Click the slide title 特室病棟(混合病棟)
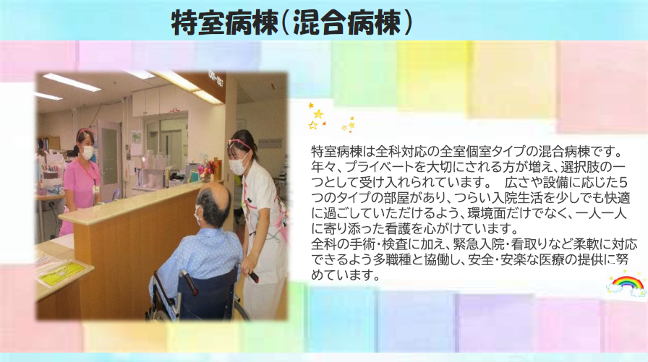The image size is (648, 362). tap(291, 22)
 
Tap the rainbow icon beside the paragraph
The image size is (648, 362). tap(627, 285)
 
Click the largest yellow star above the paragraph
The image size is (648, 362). tap(318, 114)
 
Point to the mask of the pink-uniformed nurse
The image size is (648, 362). tap(88, 152)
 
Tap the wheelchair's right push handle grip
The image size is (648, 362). tap(253, 276)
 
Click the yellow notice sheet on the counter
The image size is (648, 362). tap(62, 272)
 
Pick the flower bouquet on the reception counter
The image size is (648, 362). tap(207, 169)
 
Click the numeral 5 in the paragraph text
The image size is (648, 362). tap(623, 182)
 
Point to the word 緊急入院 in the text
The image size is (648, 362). tap(479, 244)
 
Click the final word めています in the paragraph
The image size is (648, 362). tap(346, 275)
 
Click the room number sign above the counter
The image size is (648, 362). tap(216, 79)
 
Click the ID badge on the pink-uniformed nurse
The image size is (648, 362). tap(96, 189)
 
